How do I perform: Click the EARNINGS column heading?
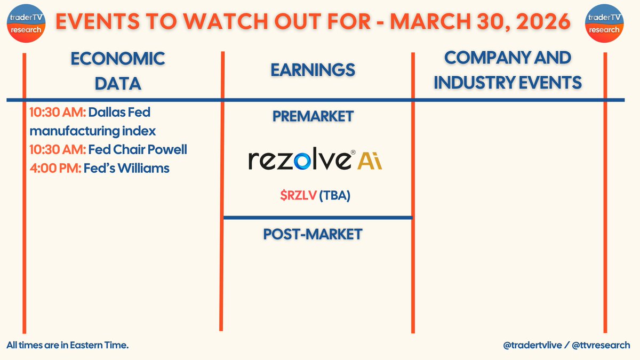click(x=313, y=70)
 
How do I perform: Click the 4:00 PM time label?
click(x=55, y=169)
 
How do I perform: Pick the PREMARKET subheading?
click(x=313, y=117)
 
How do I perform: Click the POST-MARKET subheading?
click(x=313, y=234)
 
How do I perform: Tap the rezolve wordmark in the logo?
click(x=299, y=160)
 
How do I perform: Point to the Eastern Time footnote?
click(x=68, y=346)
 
